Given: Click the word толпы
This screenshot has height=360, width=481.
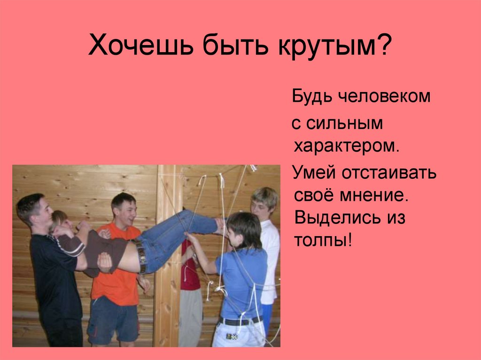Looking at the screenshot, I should [x=323, y=241].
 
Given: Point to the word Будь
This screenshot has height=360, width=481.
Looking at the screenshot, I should [x=311, y=97].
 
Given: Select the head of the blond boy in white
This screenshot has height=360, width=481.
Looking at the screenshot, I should [x=264, y=202].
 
